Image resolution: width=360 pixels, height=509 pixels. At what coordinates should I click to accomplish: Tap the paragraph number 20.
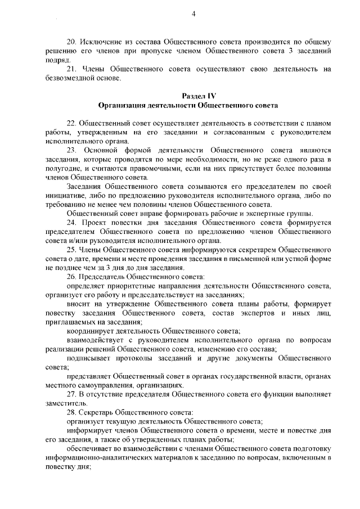71,42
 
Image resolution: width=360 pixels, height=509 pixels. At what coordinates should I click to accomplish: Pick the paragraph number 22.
71,123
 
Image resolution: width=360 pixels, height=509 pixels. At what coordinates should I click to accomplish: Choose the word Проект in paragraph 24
94,222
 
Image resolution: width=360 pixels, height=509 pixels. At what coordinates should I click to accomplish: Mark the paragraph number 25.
71,249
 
